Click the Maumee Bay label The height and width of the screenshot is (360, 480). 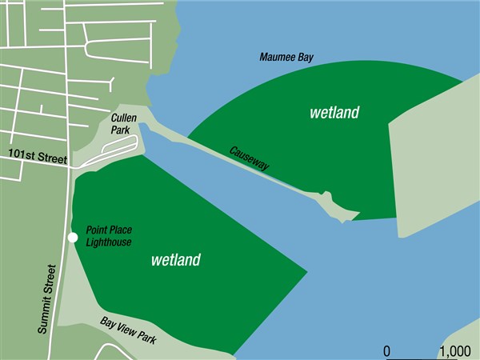pos(286,58)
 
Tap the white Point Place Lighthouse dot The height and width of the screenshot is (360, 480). pos(73,238)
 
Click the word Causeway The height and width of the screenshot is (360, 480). pos(249,158)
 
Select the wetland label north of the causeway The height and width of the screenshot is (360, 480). pos(334,113)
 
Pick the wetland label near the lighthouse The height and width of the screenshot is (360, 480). pos(175,260)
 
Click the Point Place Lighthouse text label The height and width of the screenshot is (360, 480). pos(109,236)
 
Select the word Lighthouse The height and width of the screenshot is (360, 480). pos(109,242)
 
